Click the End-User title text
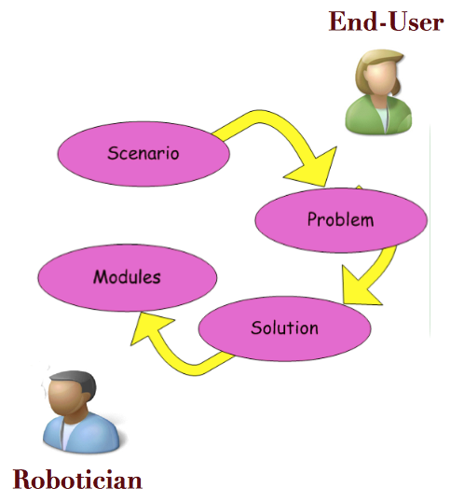(387, 21)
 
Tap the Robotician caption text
(77, 480)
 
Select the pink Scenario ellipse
(143, 154)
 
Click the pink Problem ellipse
(341, 220)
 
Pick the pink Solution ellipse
(284, 328)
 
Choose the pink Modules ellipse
(128, 277)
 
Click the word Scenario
(143, 153)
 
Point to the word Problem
(341, 219)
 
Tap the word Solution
(284, 328)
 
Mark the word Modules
(127, 276)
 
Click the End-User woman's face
(379, 77)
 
